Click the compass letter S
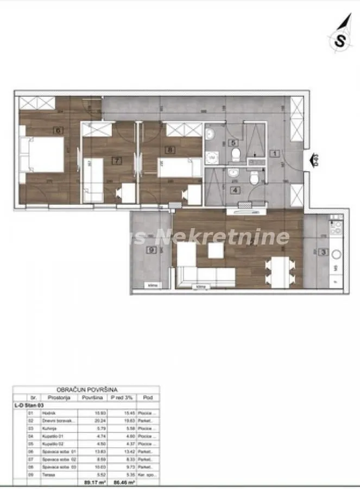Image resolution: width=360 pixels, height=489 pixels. coord(340,41)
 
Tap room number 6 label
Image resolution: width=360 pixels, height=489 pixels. coord(57,130)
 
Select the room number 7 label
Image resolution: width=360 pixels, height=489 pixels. coord(116,160)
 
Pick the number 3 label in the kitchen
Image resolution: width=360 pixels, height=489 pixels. coord(323,252)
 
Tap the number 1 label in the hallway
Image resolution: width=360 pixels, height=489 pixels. coord(275,154)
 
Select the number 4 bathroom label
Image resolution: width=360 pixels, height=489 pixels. coord(235,190)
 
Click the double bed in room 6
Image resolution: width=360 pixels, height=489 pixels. coord(42,155)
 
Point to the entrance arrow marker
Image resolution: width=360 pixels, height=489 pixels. coord(314,160)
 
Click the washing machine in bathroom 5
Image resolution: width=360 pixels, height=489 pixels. coord(212,157)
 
